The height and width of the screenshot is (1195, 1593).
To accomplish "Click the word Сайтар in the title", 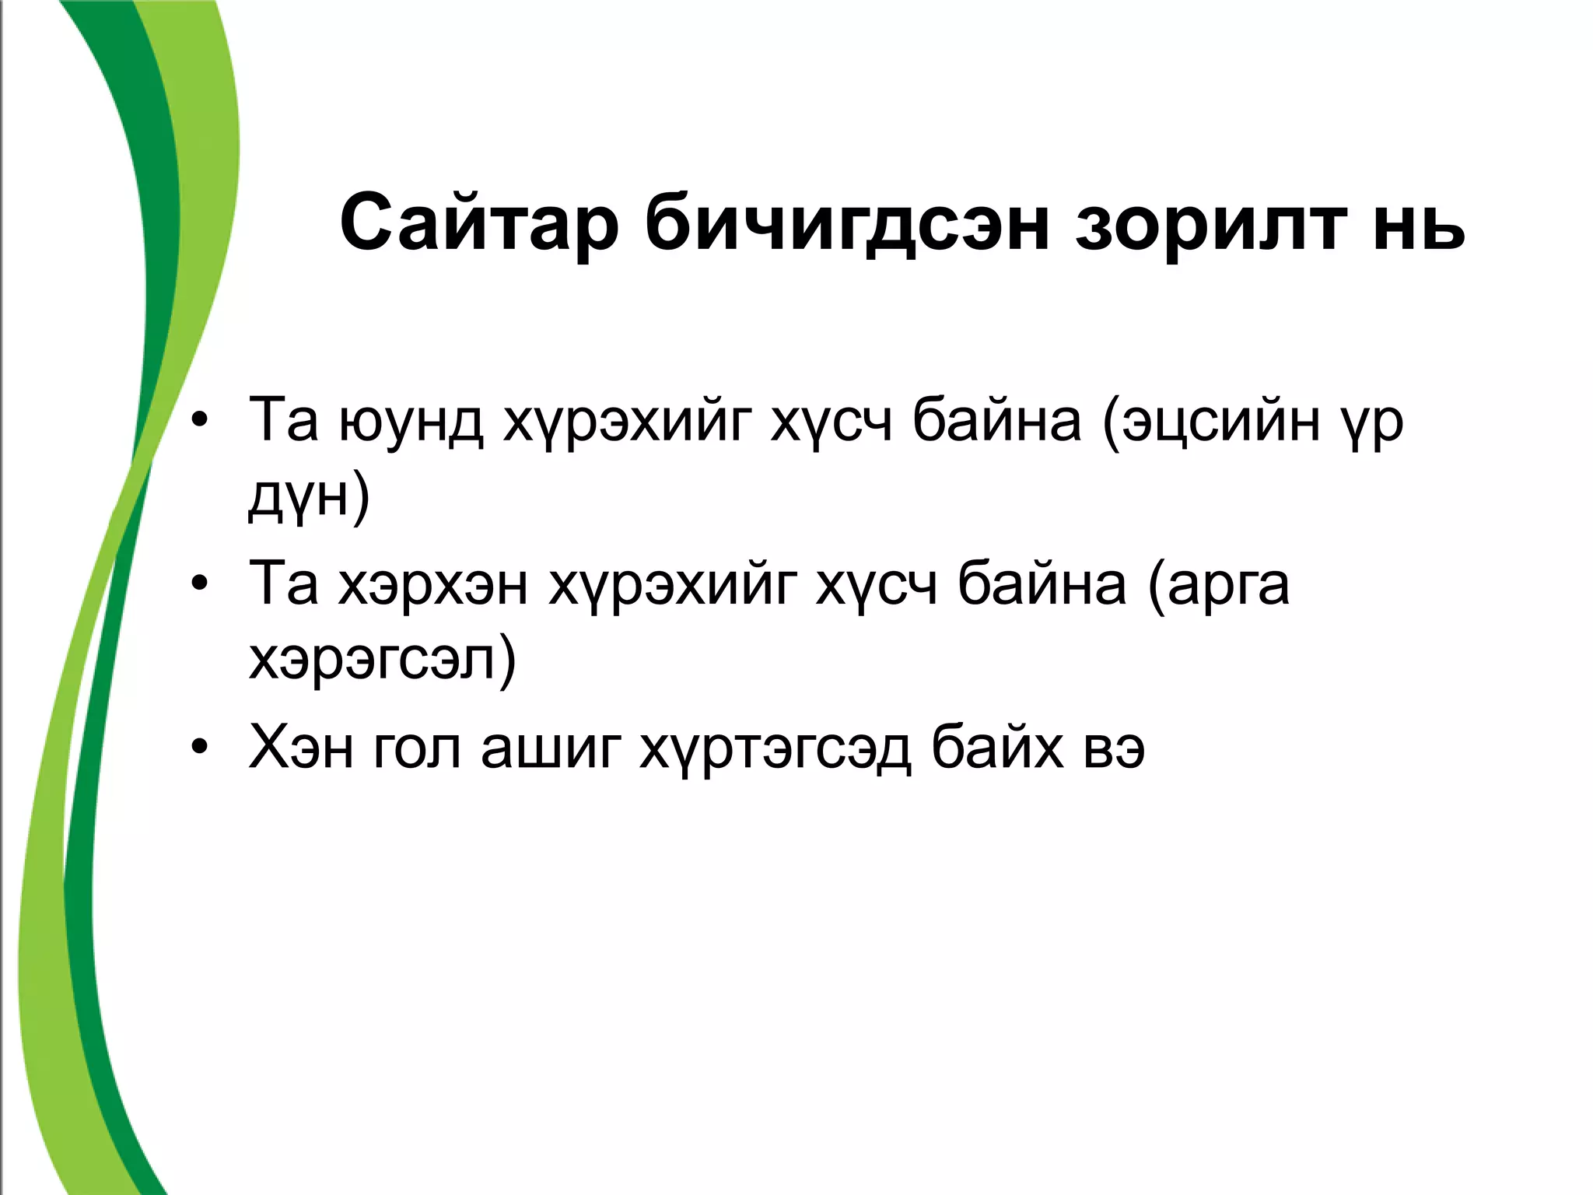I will tap(479, 223).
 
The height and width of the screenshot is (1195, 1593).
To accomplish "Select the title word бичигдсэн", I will tap(847, 223).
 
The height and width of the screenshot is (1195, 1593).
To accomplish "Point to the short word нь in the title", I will tap(1419, 223).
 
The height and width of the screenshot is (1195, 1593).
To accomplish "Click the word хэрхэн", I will tap(433, 584).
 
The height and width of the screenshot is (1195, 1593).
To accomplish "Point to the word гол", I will tap(417, 748).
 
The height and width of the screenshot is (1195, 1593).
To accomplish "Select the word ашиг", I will tap(551, 748).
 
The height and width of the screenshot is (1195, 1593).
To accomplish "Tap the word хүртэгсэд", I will tap(775, 748).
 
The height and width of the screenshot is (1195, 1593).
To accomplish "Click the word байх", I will tap(997, 748).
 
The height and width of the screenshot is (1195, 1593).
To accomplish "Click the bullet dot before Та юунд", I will tap(200, 421).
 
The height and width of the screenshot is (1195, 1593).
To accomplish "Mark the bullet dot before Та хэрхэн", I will tap(200, 584).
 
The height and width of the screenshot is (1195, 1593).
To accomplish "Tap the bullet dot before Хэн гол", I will tap(200, 748).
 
